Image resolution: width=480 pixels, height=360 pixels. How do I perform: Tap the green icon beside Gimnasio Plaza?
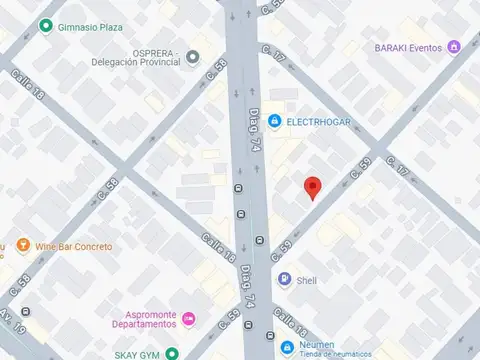pyautogui.click(x=45, y=27)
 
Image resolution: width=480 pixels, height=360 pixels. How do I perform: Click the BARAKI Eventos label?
pyautogui.click(x=409, y=46)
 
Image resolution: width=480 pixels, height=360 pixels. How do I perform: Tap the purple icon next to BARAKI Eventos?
pyautogui.click(x=454, y=46)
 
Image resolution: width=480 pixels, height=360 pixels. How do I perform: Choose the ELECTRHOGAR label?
pyautogui.click(x=318, y=121)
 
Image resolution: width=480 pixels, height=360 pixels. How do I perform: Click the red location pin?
pyautogui.click(x=312, y=187)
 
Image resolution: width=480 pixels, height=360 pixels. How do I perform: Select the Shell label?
pyautogui.click(x=306, y=280)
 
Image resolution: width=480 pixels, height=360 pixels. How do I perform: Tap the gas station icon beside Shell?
pyautogui.click(x=285, y=280)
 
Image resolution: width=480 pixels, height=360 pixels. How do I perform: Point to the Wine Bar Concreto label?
pyautogui.click(x=74, y=246)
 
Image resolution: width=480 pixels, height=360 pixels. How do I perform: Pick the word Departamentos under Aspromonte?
pyautogui.click(x=143, y=323)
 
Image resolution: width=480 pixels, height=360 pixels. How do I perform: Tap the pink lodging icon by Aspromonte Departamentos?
pyautogui.click(x=190, y=319)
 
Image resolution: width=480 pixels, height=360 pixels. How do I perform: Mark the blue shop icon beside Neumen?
pyautogui.click(x=288, y=347)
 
